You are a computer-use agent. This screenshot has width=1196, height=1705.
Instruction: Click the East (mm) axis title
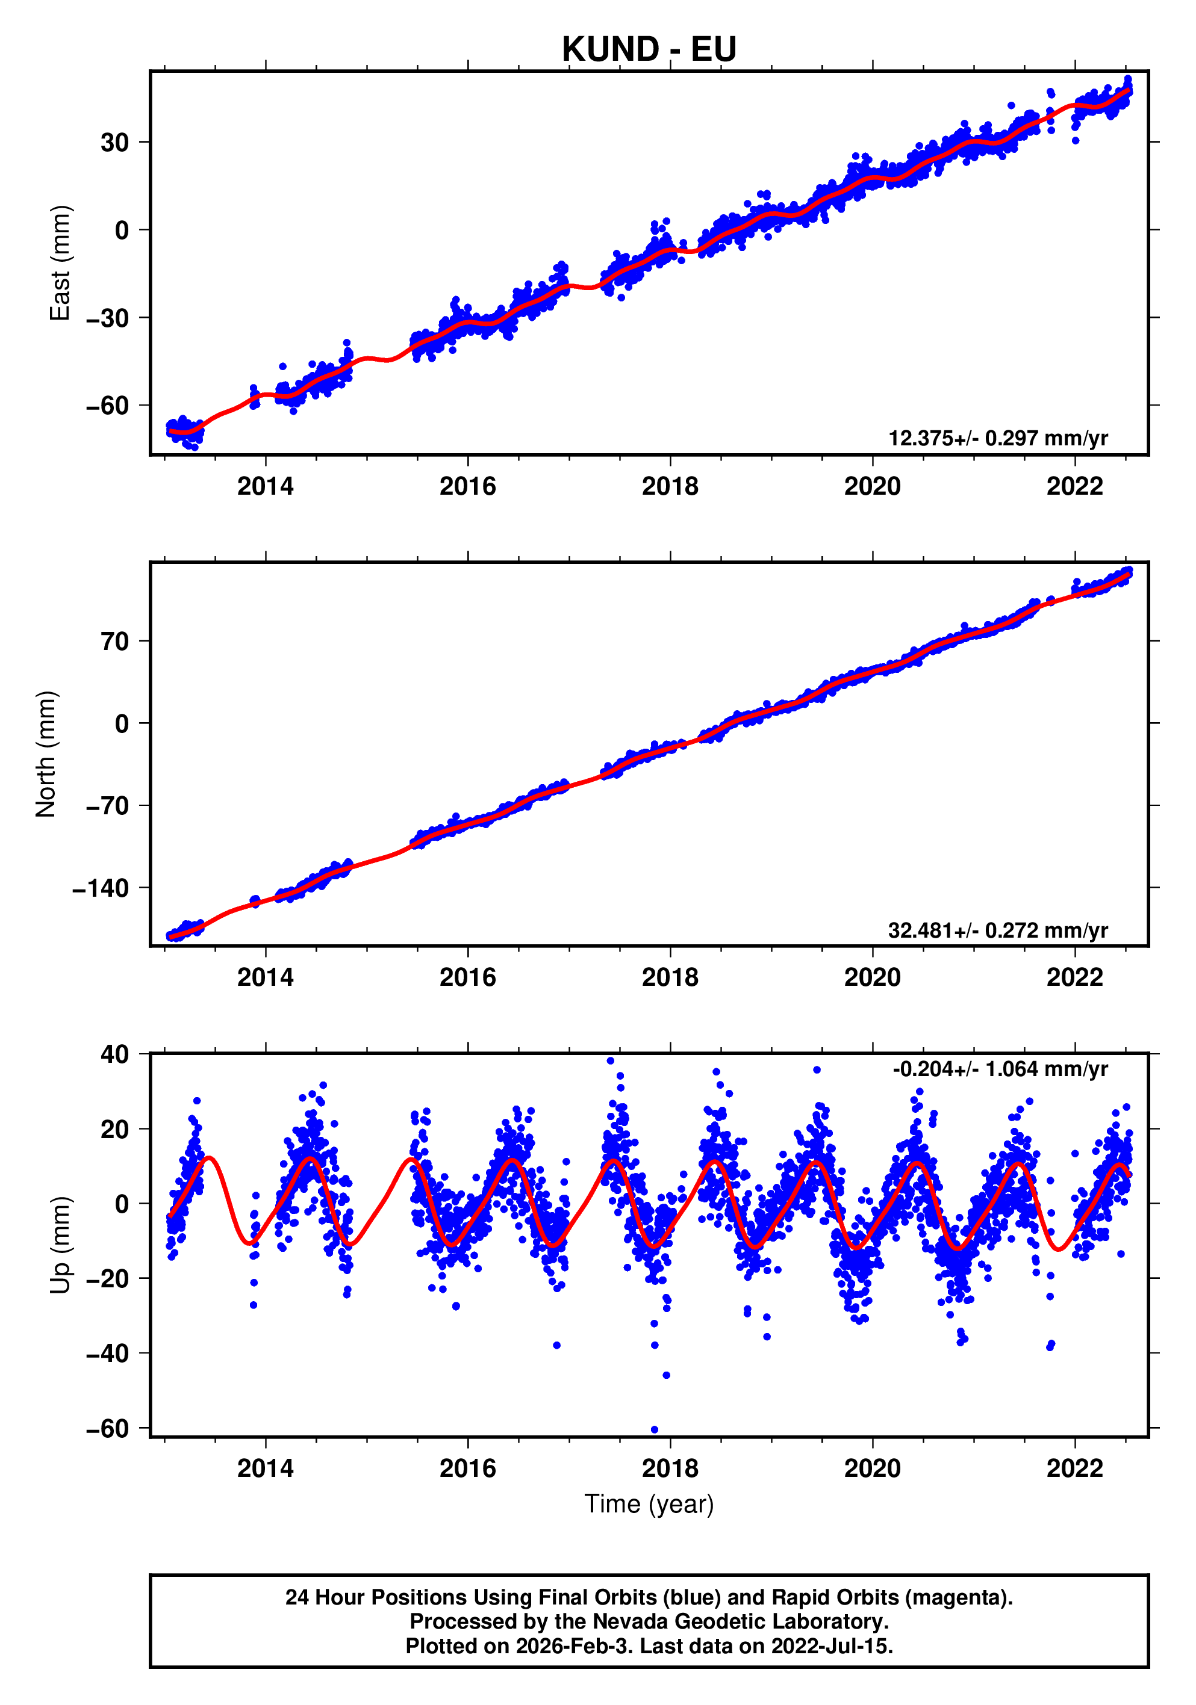pyautogui.click(x=60, y=263)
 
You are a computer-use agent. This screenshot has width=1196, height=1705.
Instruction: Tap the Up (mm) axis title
pyautogui.click(x=60, y=1245)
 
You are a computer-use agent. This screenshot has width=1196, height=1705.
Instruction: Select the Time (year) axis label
pyautogui.click(x=649, y=1504)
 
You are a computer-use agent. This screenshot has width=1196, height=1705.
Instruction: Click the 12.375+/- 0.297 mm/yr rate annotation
pyautogui.click(x=998, y=438)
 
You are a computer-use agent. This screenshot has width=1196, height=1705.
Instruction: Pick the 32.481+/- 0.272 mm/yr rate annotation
pyautogui.click(x=998, y=930)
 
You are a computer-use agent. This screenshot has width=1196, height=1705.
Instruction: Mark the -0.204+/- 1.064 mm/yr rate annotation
pyautogui.click(x=1000, y=1069)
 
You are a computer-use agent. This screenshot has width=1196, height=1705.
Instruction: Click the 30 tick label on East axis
pyautogui.click(x=115, y=142)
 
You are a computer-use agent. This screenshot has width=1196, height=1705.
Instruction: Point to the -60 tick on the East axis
pyautogui.click(x=108, y=406)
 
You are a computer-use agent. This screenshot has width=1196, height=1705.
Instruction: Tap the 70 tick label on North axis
pyautogui.click(x=115, y=641)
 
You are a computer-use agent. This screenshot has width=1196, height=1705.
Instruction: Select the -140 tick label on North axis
pyautogui.click(x=101, y=888)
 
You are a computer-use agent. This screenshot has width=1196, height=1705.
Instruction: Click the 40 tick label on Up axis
pyautogui.click(x=115, y=1054)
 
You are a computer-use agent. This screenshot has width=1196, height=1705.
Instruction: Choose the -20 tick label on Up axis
pyautogui.click(x=108, y=1279)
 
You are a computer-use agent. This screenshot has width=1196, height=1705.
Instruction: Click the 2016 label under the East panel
pyautogui.click(x=467, y=486)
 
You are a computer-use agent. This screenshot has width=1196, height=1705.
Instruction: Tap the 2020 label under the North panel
pyautogui.click(x=872, y=977)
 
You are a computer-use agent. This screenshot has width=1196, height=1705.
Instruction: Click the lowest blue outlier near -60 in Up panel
pyautogui.click(x=655, y=1429)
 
